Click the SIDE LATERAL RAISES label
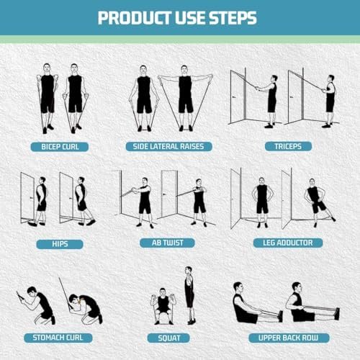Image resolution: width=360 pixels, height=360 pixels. point(169,146)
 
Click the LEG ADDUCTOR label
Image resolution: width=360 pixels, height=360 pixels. point(282,243)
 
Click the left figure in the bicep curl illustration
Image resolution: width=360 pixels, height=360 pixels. point(47,99)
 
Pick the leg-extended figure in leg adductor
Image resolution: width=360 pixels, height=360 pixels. point(315,202)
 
